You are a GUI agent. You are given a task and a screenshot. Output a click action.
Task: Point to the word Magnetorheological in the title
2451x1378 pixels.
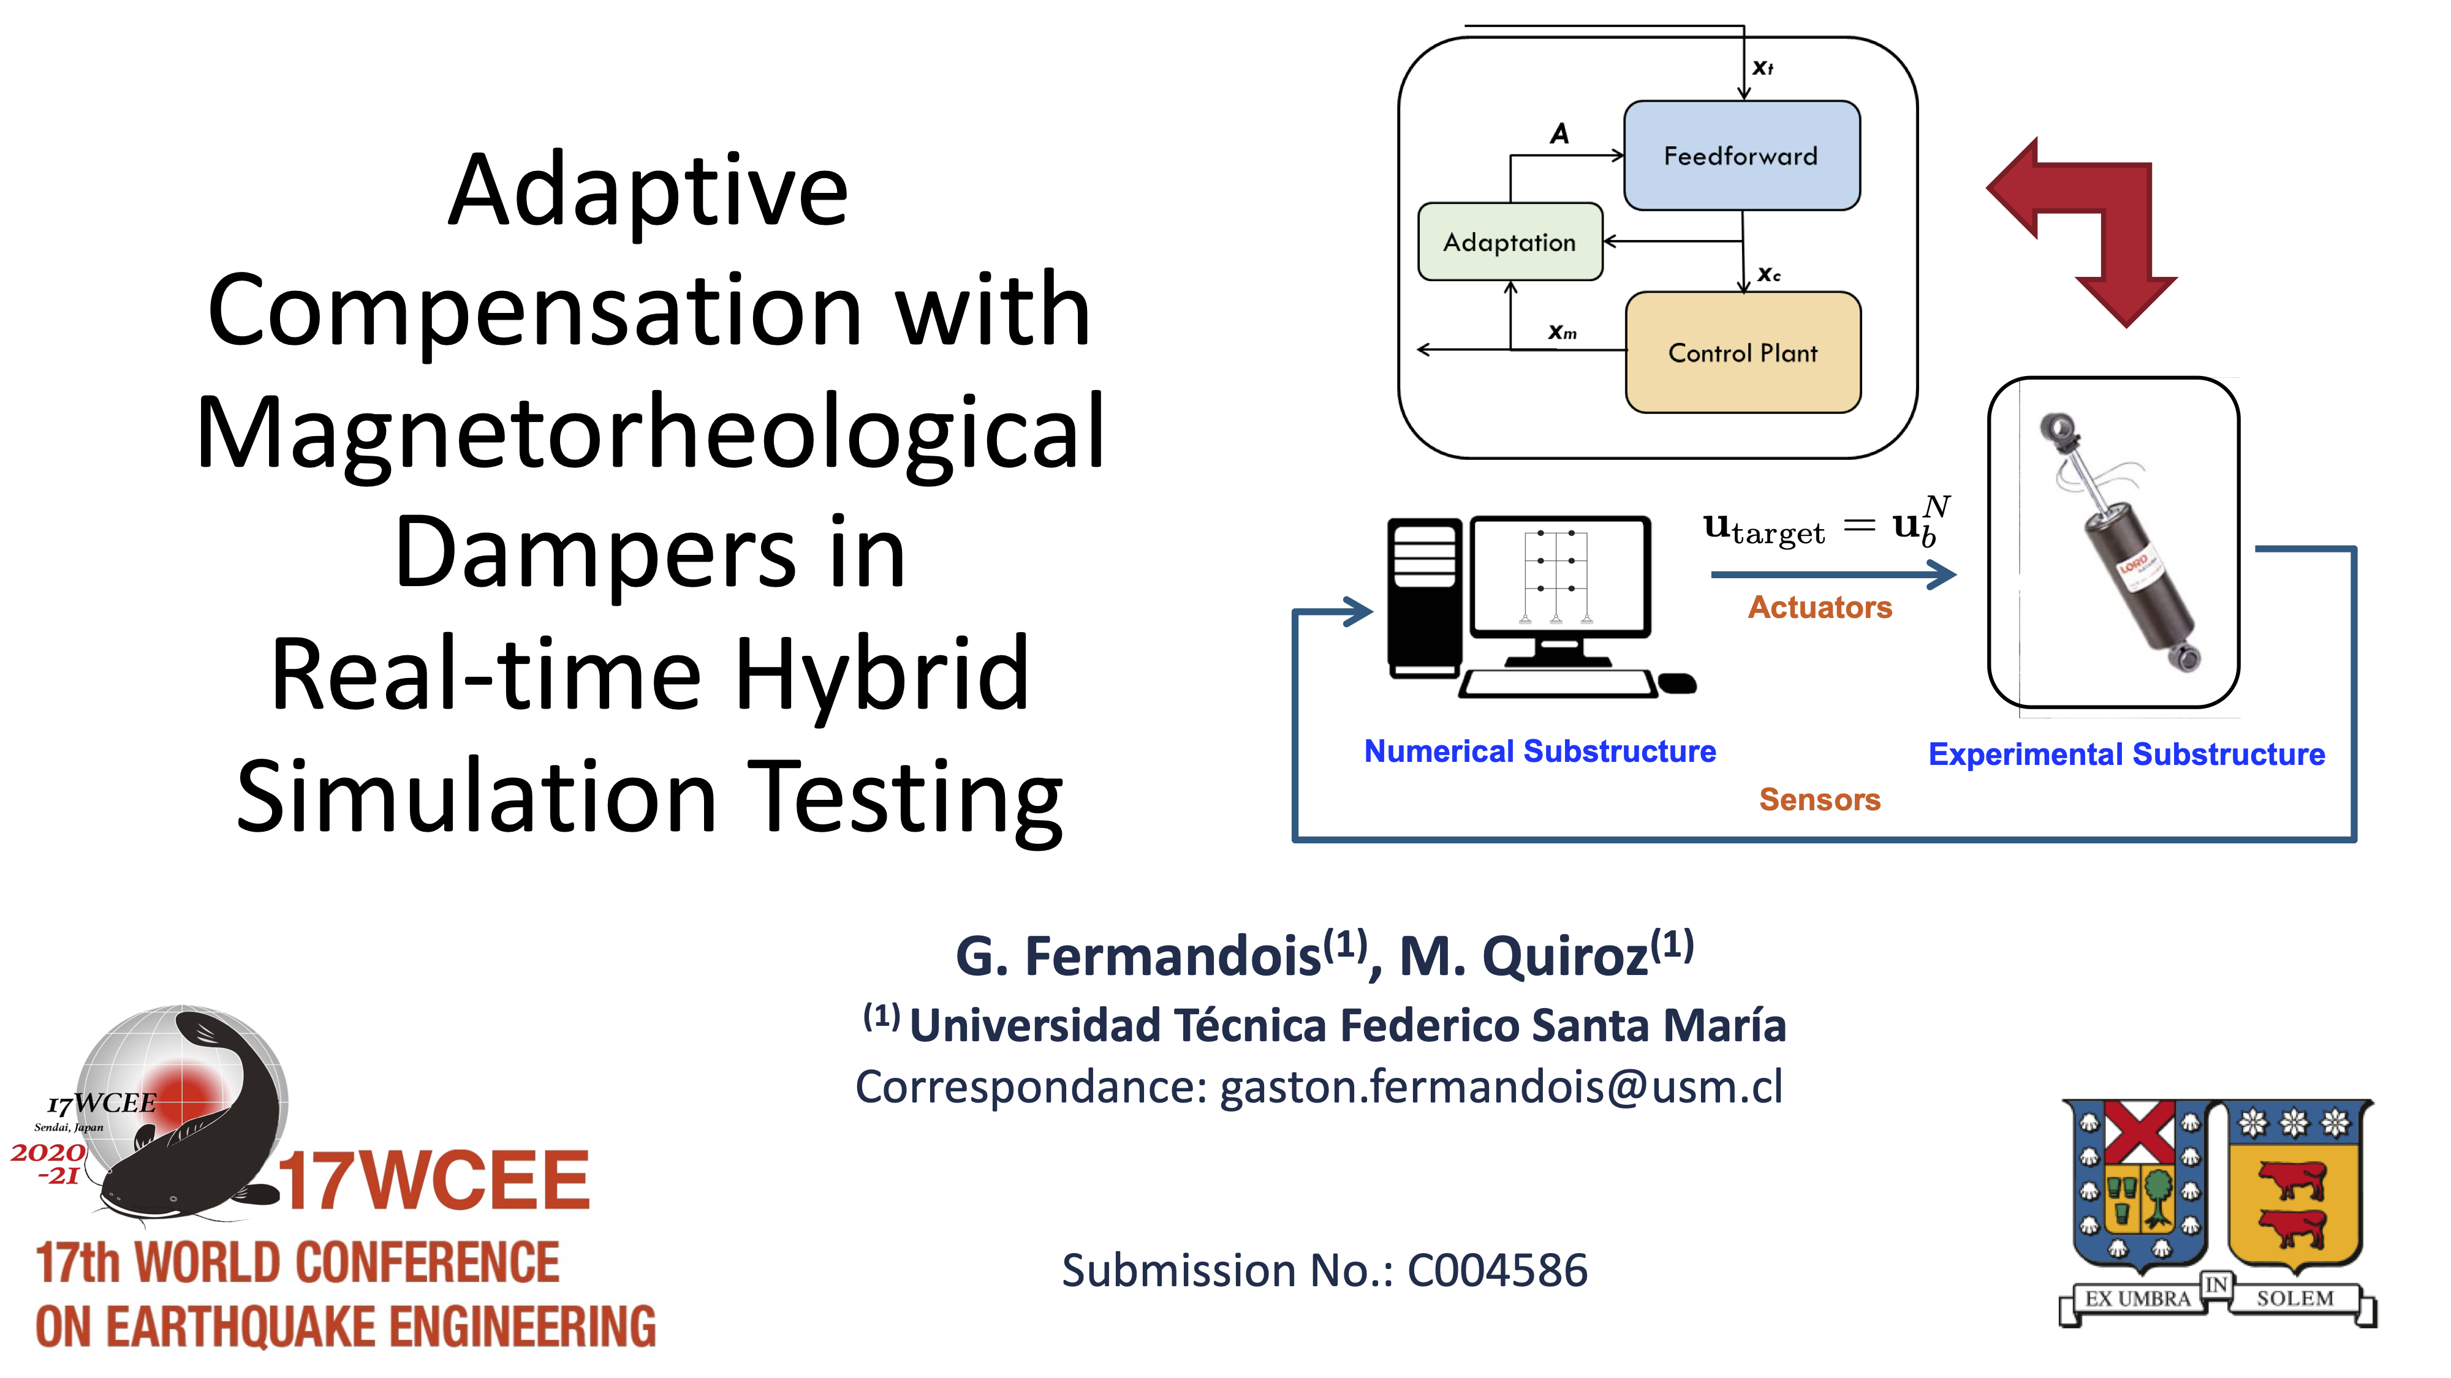pos(651,433)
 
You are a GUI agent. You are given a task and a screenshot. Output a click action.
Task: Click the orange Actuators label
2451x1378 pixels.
pos(1819,607)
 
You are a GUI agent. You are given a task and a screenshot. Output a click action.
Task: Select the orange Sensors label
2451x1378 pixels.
pos(1819,799)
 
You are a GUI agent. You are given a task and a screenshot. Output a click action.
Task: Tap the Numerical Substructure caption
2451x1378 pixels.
pos(1539,751)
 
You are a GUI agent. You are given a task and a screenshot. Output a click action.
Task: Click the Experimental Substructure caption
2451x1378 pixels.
pos(2126,754)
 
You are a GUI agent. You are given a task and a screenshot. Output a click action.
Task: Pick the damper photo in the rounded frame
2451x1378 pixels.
pos(2117,542)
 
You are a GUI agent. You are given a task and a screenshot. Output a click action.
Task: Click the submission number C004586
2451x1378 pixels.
pos(1498,1271)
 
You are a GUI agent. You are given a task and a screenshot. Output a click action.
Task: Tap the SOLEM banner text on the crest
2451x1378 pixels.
pos(2294,1298)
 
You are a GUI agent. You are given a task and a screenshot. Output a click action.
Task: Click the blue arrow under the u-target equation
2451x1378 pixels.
pos(1832,574)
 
